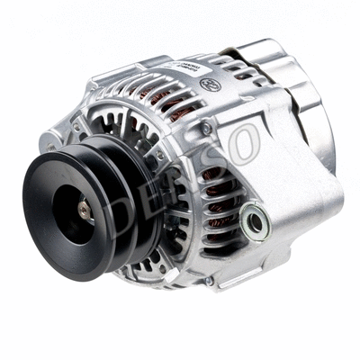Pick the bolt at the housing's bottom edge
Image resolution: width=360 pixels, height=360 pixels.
(208, 281)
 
